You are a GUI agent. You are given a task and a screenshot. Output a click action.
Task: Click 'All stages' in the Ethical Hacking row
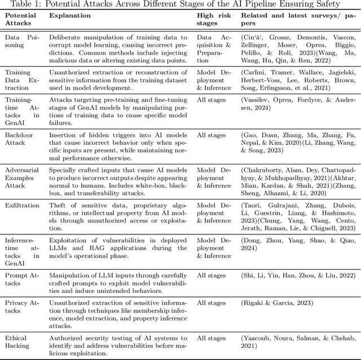coord(210,338)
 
